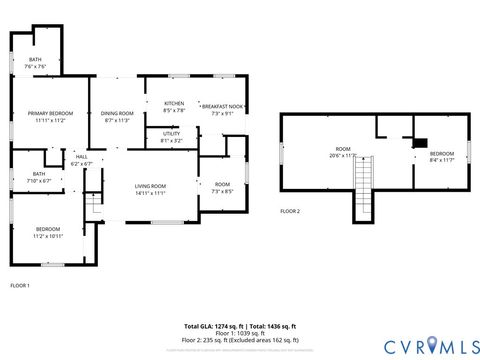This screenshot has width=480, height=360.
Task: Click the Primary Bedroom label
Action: (x=50, y=116)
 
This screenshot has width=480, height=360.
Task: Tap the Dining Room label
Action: (x=117, y=116)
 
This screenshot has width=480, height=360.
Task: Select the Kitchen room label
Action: (x=174, y=105)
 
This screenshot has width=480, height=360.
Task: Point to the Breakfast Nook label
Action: (x=222, y=109)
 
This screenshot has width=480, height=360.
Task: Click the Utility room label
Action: (x=171, y=138)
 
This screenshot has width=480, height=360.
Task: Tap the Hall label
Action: (x=81, y=160)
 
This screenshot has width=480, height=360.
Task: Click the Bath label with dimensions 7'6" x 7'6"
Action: (x=35, y=63)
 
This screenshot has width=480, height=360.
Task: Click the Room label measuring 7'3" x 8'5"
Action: (x=222, y=187)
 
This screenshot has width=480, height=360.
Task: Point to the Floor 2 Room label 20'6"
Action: (x=343, y=152)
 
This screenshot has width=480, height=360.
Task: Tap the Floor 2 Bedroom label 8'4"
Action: (x=441, y=156)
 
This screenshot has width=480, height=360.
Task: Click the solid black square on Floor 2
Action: (x=420, y=143)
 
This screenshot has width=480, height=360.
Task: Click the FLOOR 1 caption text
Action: (x=20, y=286)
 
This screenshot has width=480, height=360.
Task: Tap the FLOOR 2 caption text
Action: (x=290, y=211)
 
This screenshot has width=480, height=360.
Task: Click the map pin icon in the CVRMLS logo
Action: (x=432, y=345)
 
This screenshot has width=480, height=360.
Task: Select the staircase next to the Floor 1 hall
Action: (x=93, y=204)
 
